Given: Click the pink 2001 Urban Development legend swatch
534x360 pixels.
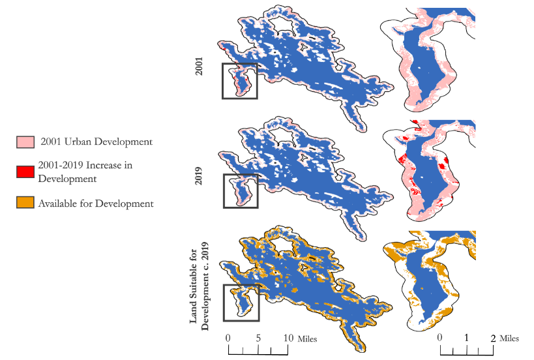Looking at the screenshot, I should pyautogui.click(x=23, y=142).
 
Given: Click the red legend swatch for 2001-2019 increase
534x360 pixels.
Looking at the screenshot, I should pyautogui.click(x=23, y=172).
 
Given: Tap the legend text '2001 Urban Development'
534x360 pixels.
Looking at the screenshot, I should pyautogui.click(x=96, y=142).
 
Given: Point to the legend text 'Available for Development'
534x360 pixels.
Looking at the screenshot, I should pyautogui.click(x=96, y=203).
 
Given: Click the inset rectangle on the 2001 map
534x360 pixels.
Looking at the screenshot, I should pyautogui.click(x=240, y=81).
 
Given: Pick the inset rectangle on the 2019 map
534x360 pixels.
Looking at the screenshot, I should pyautogui.click(x=240, y=190).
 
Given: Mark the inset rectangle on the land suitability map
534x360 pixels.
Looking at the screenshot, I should pyautogui.click(x=241, y=303).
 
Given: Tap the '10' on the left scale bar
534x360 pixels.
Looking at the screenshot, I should pyautogui.click(x=288, y=338).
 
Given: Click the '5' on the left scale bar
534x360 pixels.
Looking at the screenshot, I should pyautogui.click(x=258, y=338).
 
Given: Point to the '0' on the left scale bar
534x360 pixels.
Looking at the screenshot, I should pyautogui.click(x=228, y=338).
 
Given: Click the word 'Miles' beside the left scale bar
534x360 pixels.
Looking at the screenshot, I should pyautogui.click(x=308, y=339).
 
